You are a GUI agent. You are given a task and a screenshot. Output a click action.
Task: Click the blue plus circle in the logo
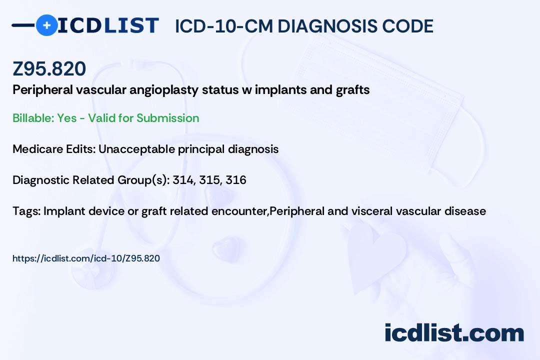[x=46, y=25]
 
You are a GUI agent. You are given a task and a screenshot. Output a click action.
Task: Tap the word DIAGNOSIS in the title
[x=327, y=26]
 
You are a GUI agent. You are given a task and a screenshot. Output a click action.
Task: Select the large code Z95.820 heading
[x=49, y=68]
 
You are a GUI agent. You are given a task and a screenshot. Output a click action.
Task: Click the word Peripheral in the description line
[x=42, y=90]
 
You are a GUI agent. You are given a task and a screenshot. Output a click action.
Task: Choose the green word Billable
[x=33, y=118]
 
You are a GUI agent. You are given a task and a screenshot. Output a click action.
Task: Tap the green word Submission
[x=167, y=118]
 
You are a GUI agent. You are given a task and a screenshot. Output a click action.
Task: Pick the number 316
[x=236, y=180]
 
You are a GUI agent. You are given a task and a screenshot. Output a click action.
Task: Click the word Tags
[x=26, y=211]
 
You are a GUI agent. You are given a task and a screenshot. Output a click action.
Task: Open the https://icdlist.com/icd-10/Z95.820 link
[x=86, y=258]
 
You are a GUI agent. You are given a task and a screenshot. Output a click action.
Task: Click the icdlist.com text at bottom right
[x=454, y=332]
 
